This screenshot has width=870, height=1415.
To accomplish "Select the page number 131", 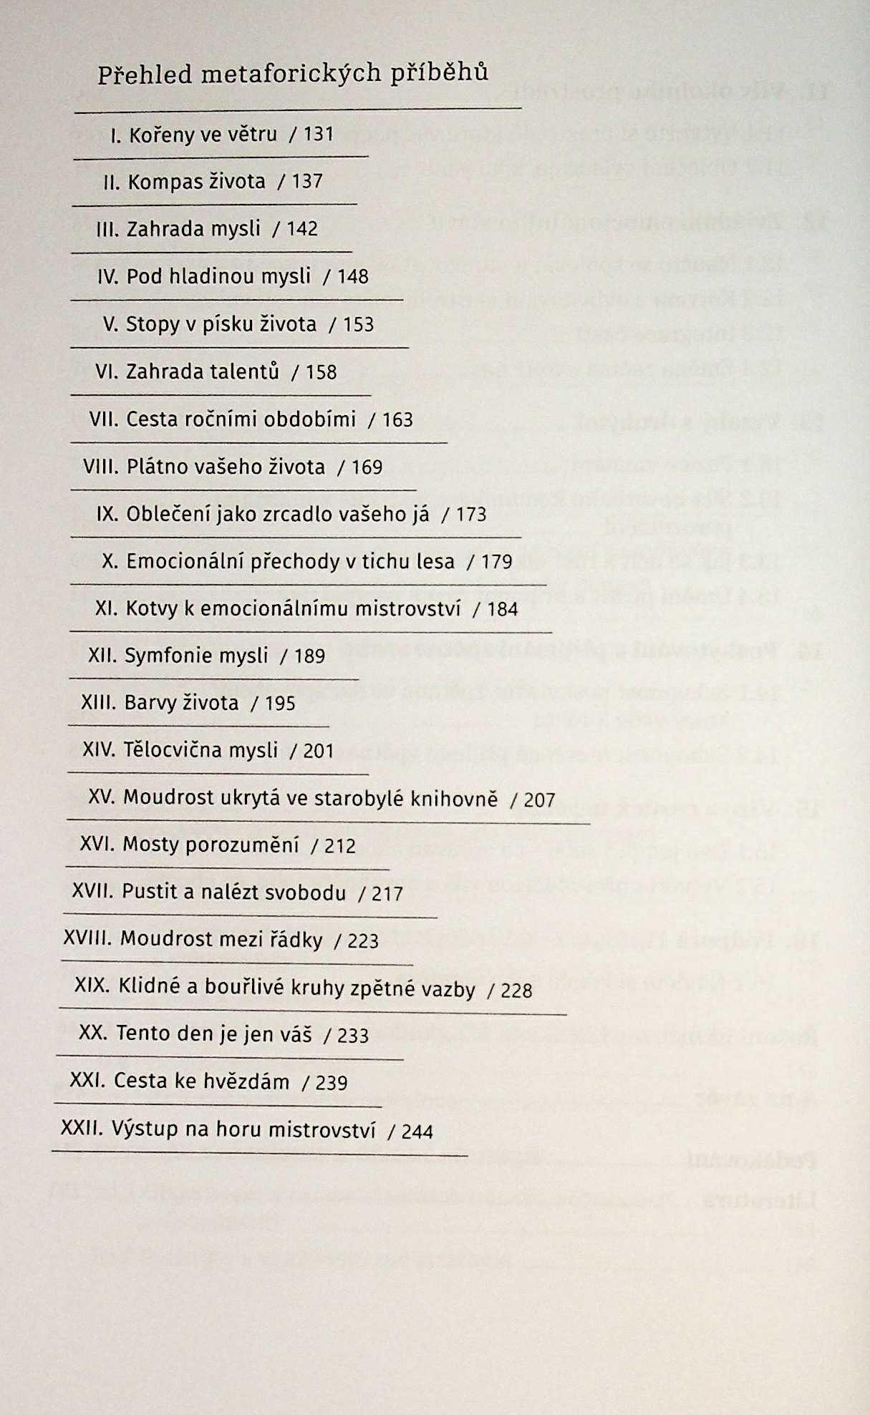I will [319, 134].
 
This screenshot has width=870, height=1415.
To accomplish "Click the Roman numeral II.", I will [111, 182].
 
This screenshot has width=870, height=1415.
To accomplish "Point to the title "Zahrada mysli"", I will [193, 229].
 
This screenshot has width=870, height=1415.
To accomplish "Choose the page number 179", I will [497, 561].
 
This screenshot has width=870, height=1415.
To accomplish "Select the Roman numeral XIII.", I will [98, 703].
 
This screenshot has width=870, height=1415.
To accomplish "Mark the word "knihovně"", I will [454, 798].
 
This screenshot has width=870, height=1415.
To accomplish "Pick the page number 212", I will [340, 846].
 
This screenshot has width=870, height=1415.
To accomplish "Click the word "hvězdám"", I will [246, 1081].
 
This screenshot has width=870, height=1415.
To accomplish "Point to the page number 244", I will [417, 1131].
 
